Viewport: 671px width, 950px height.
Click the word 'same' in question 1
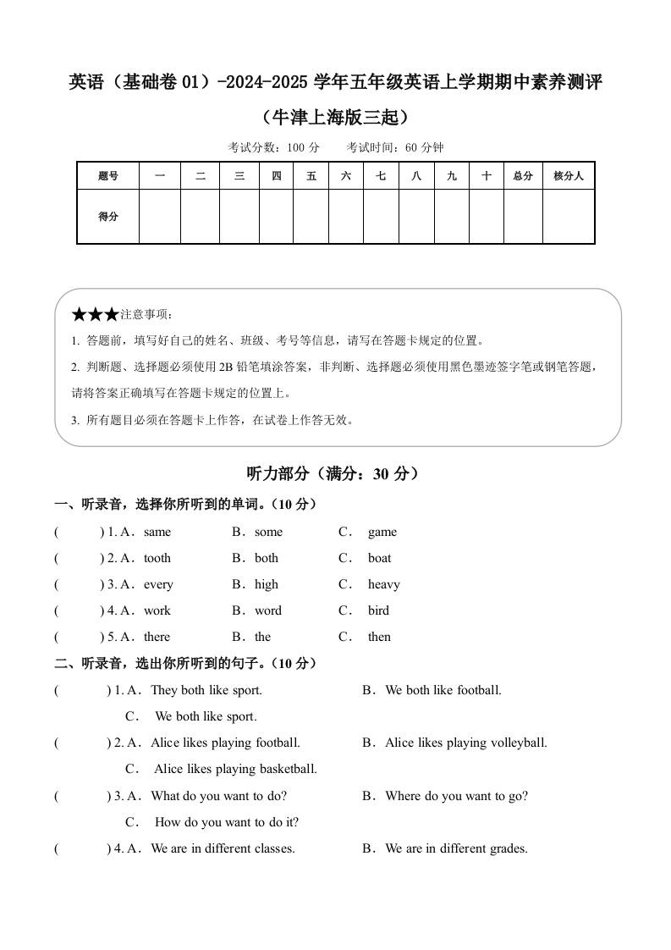(x=157, y=533)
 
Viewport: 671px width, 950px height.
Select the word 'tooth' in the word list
(x=157, y=559)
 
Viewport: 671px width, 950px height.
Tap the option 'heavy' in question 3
(x=383, y=585)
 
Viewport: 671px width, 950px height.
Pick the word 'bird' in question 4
(x=378, y=611)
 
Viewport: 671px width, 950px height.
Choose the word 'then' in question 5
(x=379, y=638)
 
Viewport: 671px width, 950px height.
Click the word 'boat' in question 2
(x=379, y=559)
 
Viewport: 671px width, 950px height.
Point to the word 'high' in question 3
(x=267, y=585)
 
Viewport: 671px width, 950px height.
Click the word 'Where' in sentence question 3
(x=403, y=796)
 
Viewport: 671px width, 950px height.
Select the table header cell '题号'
(x=108, y=176)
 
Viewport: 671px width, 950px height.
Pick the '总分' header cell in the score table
(x=523, y=176)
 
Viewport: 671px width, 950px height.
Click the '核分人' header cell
(x=569, y=176)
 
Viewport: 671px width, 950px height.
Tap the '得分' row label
(x=108, y=217)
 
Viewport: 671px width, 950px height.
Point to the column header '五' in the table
(x=311, y=176)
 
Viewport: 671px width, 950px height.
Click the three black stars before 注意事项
(x=95, y=315)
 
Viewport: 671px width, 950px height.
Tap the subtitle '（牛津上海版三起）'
(x=335, y=116)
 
